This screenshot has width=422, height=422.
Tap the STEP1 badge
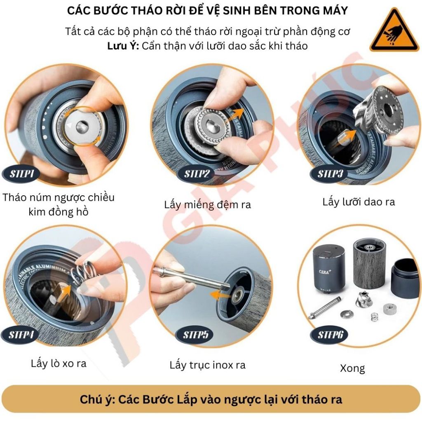(x=21, y=174)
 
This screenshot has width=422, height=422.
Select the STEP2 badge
(x=196, y=174)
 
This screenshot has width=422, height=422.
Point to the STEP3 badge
(x=329, y=174)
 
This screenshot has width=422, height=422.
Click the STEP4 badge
(x=21, y=335)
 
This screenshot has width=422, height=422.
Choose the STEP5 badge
(x=195, y=335)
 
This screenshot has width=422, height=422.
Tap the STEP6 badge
(x=329, y=335)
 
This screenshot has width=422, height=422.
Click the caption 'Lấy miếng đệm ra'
(x=208, y=205)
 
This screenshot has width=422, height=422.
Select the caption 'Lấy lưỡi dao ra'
(x=359, y=202)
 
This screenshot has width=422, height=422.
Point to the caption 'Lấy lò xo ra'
(x=59, y=363)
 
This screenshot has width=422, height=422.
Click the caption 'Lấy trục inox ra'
(x=208, y=366)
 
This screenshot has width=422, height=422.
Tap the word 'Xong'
(x=352, y=368)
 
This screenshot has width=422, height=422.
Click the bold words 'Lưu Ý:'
(x=123, y=46)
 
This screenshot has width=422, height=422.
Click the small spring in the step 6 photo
(x=374, y=316)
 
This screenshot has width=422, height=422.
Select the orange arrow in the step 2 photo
(x=234, y=116)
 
